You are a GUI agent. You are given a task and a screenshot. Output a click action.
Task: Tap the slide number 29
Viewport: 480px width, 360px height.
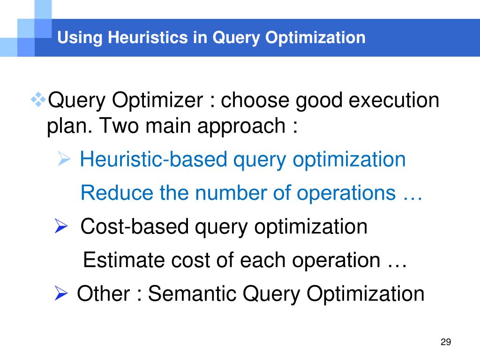(x=446, y=342)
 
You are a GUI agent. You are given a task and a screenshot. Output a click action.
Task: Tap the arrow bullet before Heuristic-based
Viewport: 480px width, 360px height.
(x=64, y=160)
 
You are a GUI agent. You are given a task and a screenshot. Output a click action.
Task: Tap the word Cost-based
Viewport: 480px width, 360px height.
(x=134, y=227)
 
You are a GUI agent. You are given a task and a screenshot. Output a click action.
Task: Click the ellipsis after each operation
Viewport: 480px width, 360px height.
(x=397, y=262)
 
